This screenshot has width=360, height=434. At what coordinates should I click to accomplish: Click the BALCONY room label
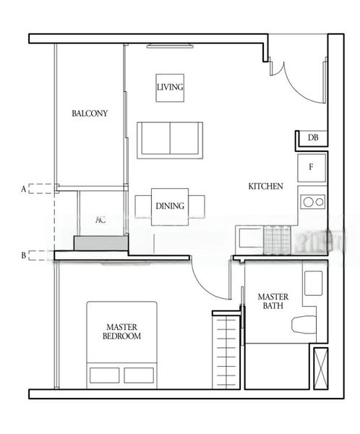click(90, 114)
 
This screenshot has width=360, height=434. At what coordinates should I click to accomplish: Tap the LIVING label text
click(170, 88)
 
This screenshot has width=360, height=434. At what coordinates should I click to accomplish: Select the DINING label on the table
click(170, 206)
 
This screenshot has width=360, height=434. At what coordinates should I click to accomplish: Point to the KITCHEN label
click(265, 187)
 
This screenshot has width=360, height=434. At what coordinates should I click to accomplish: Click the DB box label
click(313, 138)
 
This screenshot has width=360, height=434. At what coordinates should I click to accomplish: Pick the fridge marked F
click(312, 167)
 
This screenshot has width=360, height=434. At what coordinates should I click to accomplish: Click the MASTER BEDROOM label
click(121, 332)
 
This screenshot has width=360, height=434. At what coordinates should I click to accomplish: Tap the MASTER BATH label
click(273, 302)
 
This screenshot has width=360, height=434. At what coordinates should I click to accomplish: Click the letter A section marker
click(24, 189)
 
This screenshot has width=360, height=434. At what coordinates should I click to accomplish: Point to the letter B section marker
click(24, 255)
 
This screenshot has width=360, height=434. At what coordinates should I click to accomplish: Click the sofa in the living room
click(170, 140)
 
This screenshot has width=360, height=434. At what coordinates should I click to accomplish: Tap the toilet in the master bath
click(304, 323)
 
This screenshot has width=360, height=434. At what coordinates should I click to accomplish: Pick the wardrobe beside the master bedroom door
click(226, 349)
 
